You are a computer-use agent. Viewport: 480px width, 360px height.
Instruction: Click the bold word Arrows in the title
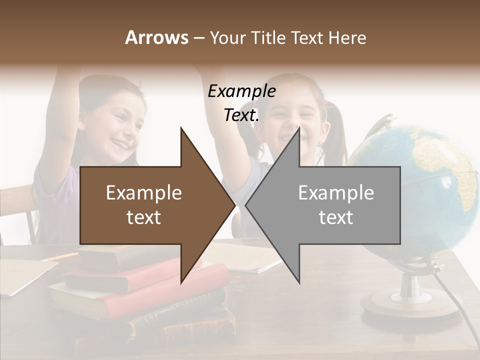pyautogui.click(x=157, y=37)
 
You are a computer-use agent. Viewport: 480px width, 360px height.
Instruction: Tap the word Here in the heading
pyautogui.click(x=347, y=37)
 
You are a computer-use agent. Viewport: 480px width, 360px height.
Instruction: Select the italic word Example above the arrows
pyautogui.click(x=241, y=91)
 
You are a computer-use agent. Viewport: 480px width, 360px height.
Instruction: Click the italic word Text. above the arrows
pyautogui.click(x=241, y=115)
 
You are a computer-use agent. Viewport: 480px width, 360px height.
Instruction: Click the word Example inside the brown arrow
pyautogui.click(x=144, y=193)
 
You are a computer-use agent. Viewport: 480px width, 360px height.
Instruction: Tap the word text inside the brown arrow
pyautogui.click(x=144, y=217)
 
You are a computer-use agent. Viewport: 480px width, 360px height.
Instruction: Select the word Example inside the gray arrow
pyautogui.click(x=336, y=193)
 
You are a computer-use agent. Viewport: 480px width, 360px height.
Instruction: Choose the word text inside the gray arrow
pyautogui.click(x=336, y=217)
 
